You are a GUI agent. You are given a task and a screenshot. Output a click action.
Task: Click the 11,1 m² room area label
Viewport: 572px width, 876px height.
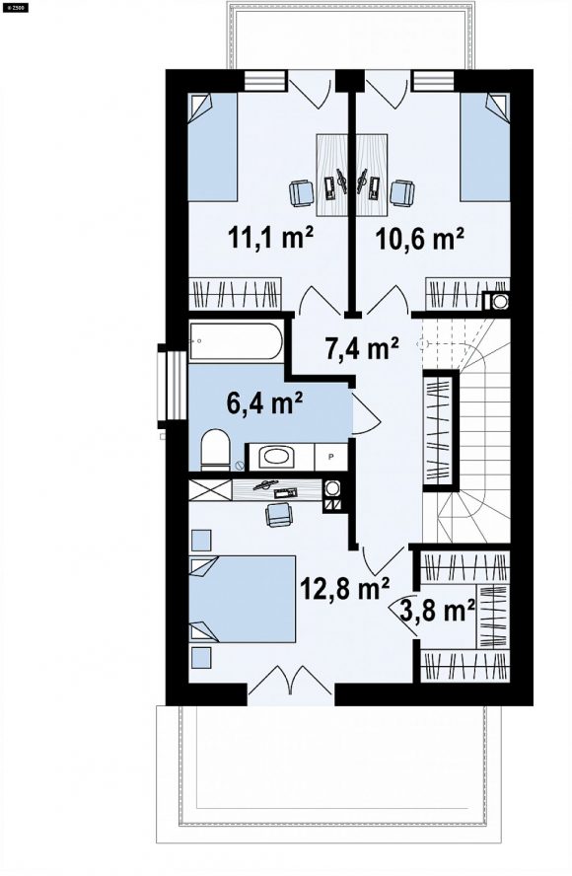coord(269,239)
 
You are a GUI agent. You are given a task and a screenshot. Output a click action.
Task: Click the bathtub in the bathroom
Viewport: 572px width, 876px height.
coord(236,340)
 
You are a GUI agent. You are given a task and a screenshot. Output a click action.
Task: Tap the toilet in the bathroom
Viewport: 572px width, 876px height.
coord(215,449)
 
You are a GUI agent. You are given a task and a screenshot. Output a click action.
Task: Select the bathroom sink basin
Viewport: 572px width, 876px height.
coord(279,457)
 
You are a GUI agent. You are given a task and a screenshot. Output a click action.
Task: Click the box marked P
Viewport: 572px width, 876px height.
coord(330,457)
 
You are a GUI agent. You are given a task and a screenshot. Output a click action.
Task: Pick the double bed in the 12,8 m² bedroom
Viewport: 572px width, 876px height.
coord(242,599)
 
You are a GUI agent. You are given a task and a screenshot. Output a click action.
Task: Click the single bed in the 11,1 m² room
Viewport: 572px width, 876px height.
coord(212,147)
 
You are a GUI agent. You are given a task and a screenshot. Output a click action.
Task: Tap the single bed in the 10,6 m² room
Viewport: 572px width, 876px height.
coord(485,147)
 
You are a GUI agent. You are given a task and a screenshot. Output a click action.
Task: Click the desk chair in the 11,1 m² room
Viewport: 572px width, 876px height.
coord(302,193)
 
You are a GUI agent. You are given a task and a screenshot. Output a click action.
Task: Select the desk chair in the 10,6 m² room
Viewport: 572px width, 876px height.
coord(402,193)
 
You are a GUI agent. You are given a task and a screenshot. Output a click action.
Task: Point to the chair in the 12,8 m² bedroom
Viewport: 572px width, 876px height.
coord(279,515)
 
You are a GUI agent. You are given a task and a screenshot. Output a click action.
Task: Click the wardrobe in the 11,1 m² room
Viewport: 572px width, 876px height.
coord(235,294)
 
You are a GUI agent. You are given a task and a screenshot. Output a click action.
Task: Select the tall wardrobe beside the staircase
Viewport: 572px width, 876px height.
coord(440,430)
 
